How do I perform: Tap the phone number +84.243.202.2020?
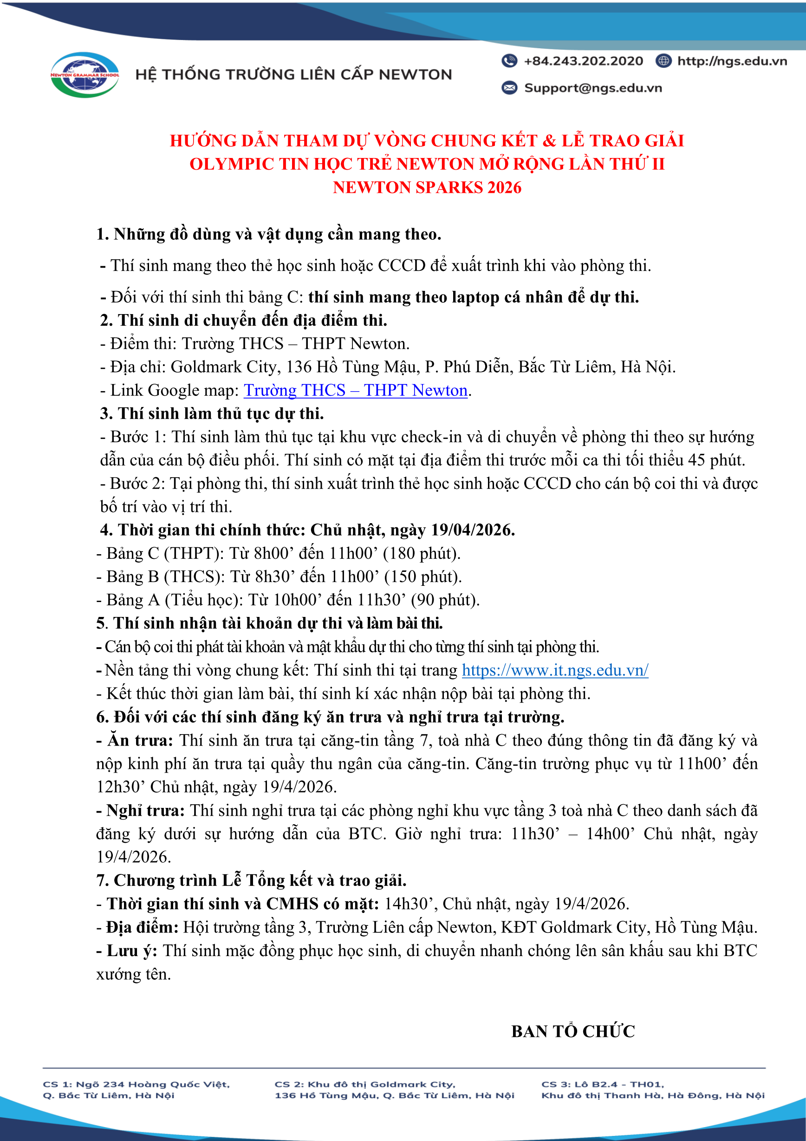[583, 61]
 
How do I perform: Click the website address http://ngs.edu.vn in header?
[732, 61]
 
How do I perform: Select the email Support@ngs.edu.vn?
[593, 88]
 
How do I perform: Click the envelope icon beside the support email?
[509, 88]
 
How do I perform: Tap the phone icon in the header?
[509, 61]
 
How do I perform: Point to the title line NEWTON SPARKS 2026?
[427, 187]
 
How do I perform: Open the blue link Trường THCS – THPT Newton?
[356, 391]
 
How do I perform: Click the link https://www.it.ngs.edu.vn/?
[555, 670]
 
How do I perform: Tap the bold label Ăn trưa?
[140, 741]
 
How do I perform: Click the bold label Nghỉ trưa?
[145, 811]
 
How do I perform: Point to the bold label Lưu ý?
[131, 951]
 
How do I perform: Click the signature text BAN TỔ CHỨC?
[573, 1032]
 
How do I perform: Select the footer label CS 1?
[57, 1084]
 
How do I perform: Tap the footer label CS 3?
[556, 1084]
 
